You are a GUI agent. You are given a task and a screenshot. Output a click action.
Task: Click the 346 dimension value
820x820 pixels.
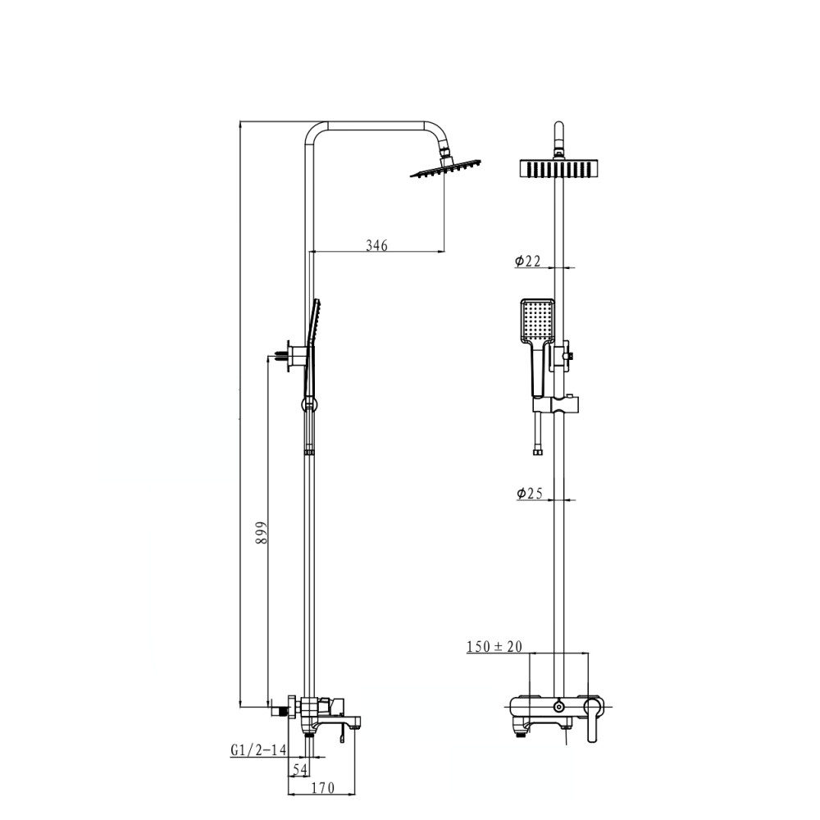[376, 244]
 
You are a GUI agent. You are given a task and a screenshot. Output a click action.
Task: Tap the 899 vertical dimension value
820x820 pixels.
[261, 532]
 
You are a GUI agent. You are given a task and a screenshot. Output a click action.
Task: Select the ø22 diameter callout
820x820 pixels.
[527, 261]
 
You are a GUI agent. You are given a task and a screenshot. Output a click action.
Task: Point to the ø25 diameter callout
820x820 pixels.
[530, 493]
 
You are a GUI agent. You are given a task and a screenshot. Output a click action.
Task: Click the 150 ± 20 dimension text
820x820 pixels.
[494, 646]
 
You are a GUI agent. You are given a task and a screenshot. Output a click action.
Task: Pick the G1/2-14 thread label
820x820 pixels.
[258, 750]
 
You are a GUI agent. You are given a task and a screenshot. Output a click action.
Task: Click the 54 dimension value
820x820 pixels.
[299, 769]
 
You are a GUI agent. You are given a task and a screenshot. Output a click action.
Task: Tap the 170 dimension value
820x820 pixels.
[322, 787]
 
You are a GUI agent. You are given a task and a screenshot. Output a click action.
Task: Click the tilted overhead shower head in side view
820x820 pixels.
[445, 168]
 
